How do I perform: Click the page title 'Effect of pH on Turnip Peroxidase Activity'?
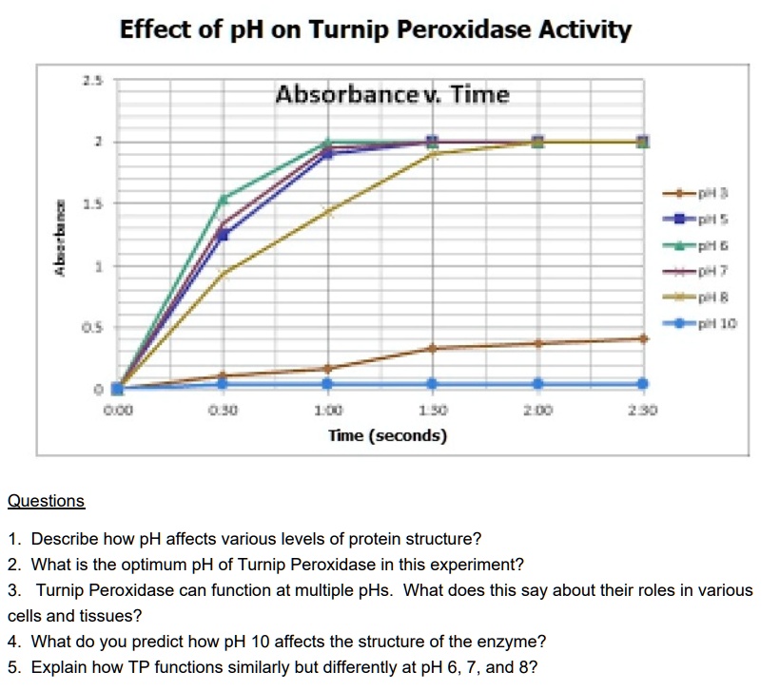click(376, 29)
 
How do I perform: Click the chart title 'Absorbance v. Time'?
click(392, 95)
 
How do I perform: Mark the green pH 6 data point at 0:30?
click(224, 199)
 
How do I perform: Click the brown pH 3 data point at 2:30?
click(643, 338)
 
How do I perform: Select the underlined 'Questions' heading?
click(46, 501)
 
